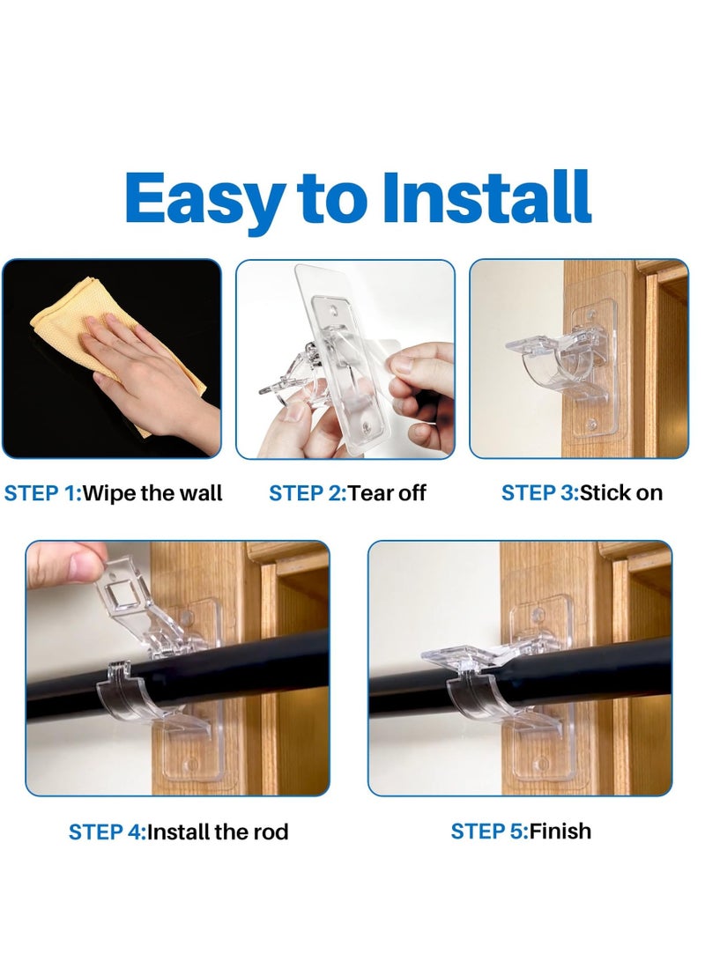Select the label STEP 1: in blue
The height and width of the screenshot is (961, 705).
(41, 493)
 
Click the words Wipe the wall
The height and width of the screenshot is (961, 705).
(152, 493)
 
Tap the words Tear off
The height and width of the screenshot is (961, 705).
(387, 493)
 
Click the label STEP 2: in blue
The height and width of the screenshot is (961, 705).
(308, 493)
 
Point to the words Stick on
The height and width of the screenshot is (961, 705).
(620, 493)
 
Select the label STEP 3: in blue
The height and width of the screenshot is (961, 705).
(539, 493)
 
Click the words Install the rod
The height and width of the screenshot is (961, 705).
(218, 832)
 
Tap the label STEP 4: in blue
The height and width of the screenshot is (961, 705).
(107, 832)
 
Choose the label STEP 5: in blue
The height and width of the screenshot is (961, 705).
(488, 831)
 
